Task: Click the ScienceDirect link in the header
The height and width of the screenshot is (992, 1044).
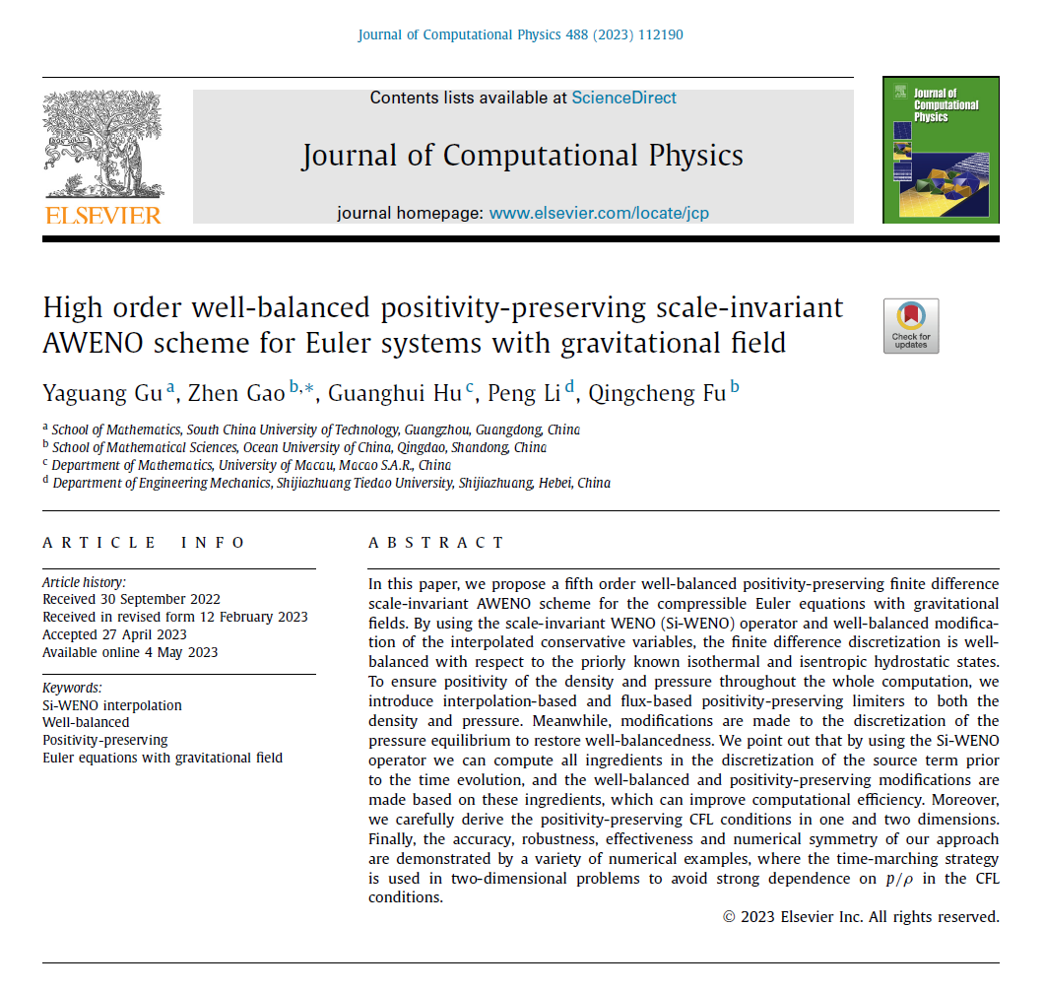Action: coord(623,98)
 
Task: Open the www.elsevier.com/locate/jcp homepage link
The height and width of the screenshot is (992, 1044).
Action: coord(599,213)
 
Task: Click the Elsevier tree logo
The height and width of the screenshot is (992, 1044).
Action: coord(101,143)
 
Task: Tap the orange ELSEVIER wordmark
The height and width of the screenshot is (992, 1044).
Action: coord(102,215)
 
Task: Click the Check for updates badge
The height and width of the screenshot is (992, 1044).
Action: coord(911,326)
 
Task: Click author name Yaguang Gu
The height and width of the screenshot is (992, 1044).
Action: coord(103,393)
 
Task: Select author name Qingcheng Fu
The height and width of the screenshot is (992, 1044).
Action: coord(657,393)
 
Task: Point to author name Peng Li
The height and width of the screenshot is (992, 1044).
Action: coord(531,393)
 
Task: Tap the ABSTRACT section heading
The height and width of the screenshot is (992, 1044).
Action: coord(436,543)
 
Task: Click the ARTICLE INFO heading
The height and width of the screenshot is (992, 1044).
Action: coord(144,543)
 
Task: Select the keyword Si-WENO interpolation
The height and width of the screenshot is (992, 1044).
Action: coord(112,705)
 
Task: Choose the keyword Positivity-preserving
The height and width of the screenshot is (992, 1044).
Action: coord(105,740)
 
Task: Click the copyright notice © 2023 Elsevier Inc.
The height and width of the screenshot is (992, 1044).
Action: coord(861,917)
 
